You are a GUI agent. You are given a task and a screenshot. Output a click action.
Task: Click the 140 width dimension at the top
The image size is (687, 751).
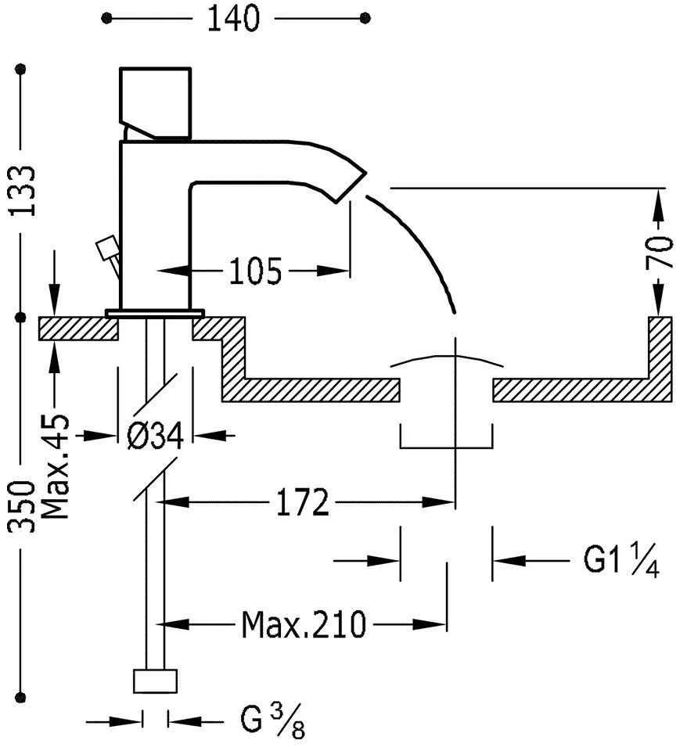pyautogui.click(x=232, y=19)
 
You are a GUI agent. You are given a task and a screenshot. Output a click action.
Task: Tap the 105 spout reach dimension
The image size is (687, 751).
pyautogui.click(x=255, y=271)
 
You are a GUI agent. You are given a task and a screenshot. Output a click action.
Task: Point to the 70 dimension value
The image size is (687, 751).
pyautogui.click(x=661, y=252)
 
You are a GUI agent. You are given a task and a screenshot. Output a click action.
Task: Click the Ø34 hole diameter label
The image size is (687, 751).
pyautogui.click(x=155, y=435)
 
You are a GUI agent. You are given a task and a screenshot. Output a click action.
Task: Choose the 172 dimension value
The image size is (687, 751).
pyautogui.click(x=302, y=504)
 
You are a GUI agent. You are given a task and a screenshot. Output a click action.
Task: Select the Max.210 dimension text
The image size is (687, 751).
pyautogui.click(x=303, y=624)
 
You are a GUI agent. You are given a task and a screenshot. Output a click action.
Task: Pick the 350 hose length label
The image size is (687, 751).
pyautogui.click(x=26, y=507)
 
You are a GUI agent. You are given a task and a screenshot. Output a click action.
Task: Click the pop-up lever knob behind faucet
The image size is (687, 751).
pyautogui.click(x=104, y=250)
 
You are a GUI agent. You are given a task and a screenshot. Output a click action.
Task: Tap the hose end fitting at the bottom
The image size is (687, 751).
pyautogui.click(x=155, y=680)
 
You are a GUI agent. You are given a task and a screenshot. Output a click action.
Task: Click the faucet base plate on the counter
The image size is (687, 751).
pyautogui.click(x=155, y=313)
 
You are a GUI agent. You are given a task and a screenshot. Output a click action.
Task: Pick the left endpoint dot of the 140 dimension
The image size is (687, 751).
pyautogui.click(x=107, y=18)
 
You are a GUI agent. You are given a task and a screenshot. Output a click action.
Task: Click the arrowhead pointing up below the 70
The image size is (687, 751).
pyautogui.click(x=661, y=301)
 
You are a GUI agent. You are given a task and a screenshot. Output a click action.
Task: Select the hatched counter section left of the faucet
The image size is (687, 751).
pyautogui.click(x=78, y=328)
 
